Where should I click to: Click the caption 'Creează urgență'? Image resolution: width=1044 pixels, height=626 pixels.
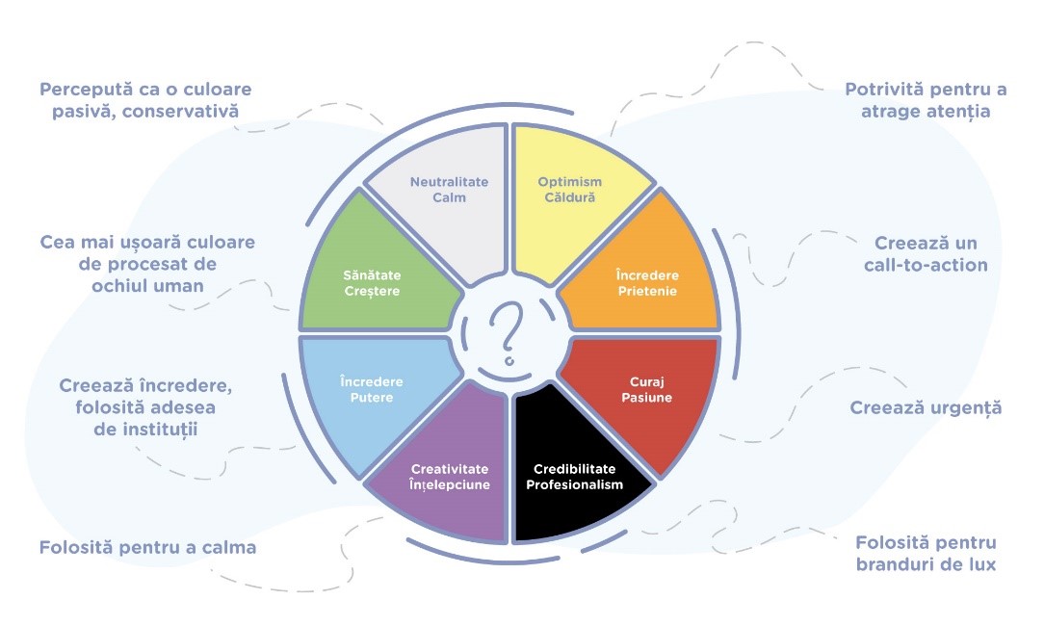(x=926, y=407)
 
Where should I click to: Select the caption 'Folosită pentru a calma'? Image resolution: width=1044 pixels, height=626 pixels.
(x=147, y=548)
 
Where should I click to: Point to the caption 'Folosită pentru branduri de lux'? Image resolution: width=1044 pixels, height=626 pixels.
(x=926, y=553)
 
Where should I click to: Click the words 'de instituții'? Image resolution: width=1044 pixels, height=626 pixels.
(x=147, y=430)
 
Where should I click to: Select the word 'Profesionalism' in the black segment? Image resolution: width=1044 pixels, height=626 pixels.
(x=574, y=484)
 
